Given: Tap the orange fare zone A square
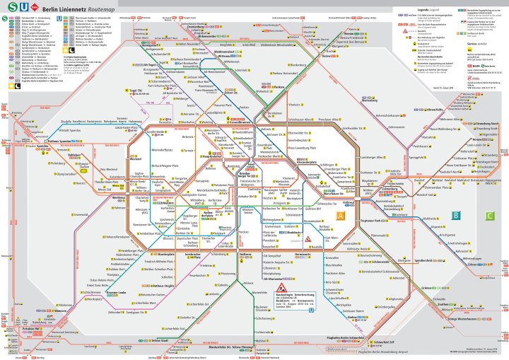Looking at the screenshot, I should pyautogui.click(x=340, y=215).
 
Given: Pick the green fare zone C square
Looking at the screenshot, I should pyautogui.click(x=490, y=215).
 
